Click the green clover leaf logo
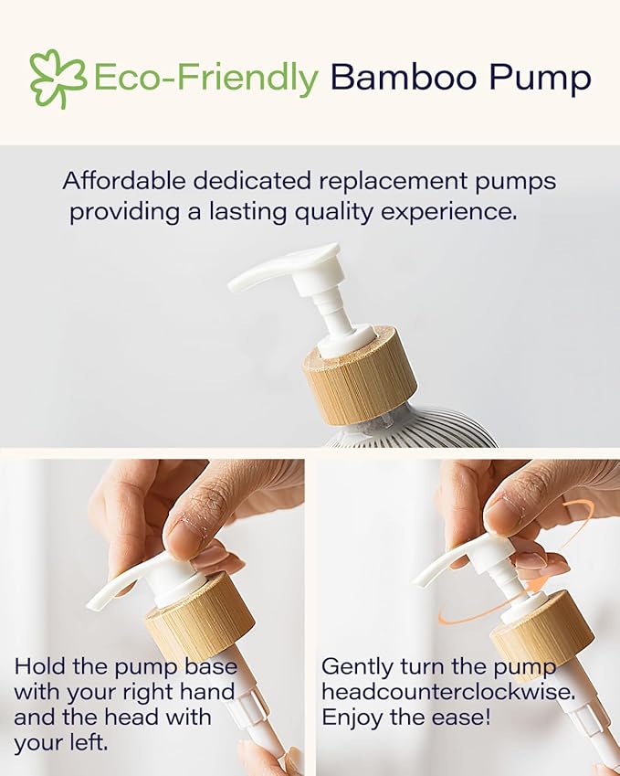pyautogui.click(x=58, y=79)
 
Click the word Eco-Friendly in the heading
pyautogui.click(x=205, y=79)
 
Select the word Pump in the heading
pyautogui.click(x=543, y=80)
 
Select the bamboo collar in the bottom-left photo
pyautogui.click(x=199, y=621)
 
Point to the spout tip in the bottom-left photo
pyautogui.click(x=94, y=604)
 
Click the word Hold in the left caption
pyautogui.click(x=39, y=664)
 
